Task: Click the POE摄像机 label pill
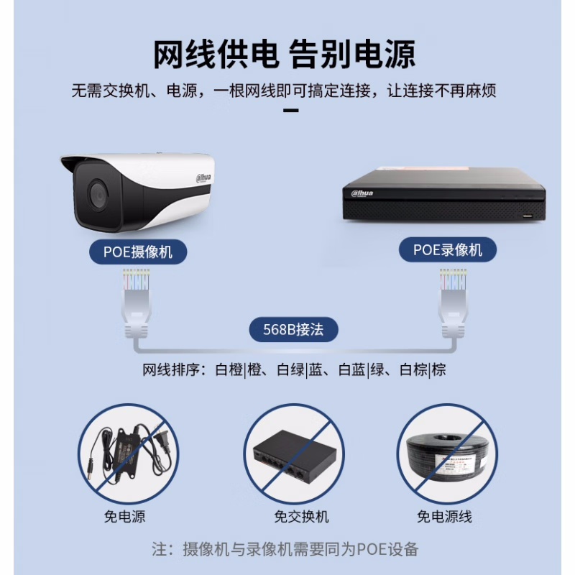pos(138,252)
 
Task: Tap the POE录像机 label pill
pos(447,249)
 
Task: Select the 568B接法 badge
pos(293,329)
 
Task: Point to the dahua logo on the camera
pos(204,178)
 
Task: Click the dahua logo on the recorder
pos(362,193)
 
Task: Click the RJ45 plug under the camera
pos(137,303)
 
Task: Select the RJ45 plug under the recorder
pos(454,303)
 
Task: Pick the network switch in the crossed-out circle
pos(295,456)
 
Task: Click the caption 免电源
pos(124,516)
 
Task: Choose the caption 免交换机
pos(301,516)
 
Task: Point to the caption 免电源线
pos(444,516)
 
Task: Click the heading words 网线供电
pos(215,55)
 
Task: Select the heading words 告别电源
pos(352,55)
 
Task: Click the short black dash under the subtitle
pos(291,110)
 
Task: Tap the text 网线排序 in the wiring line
pos(171,369)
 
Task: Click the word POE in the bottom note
pos(372,549)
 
